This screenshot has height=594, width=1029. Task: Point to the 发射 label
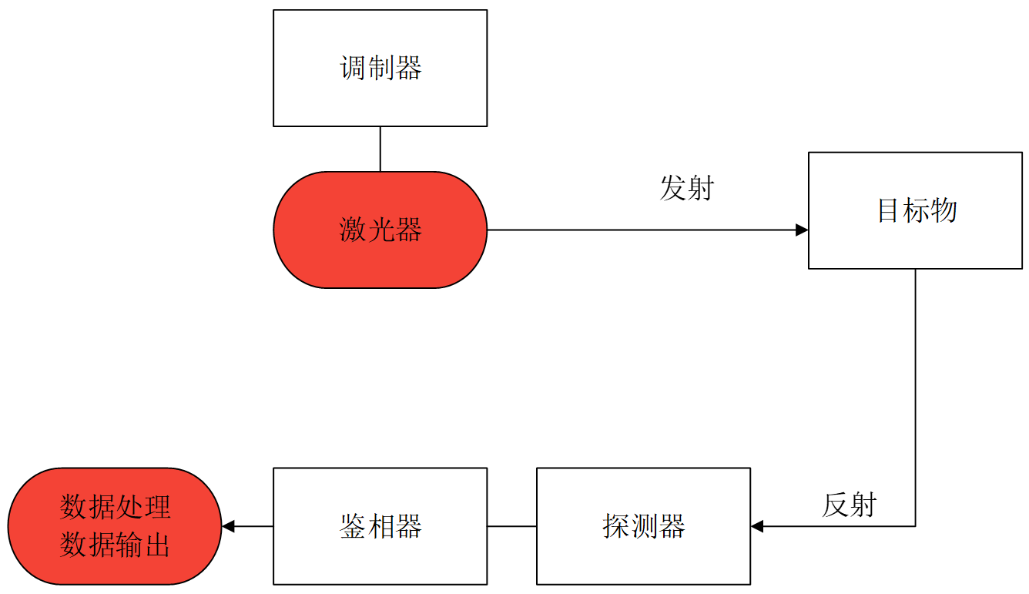click(686, 188)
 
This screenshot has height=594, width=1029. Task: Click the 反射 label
click(849, 505)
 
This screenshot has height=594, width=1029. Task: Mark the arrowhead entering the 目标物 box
click(802, 230)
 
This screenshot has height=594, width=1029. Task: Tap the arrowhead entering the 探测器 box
click(757, 526)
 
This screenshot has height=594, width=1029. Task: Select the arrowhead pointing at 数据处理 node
click(228, 526)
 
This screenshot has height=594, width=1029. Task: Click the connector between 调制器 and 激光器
click(380, 149)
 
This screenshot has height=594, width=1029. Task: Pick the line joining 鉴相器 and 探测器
click(511, 526)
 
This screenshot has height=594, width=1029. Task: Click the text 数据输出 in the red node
click(115, 545)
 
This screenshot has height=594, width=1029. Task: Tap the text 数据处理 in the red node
click(115, 508)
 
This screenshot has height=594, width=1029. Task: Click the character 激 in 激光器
click(353, 230)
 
